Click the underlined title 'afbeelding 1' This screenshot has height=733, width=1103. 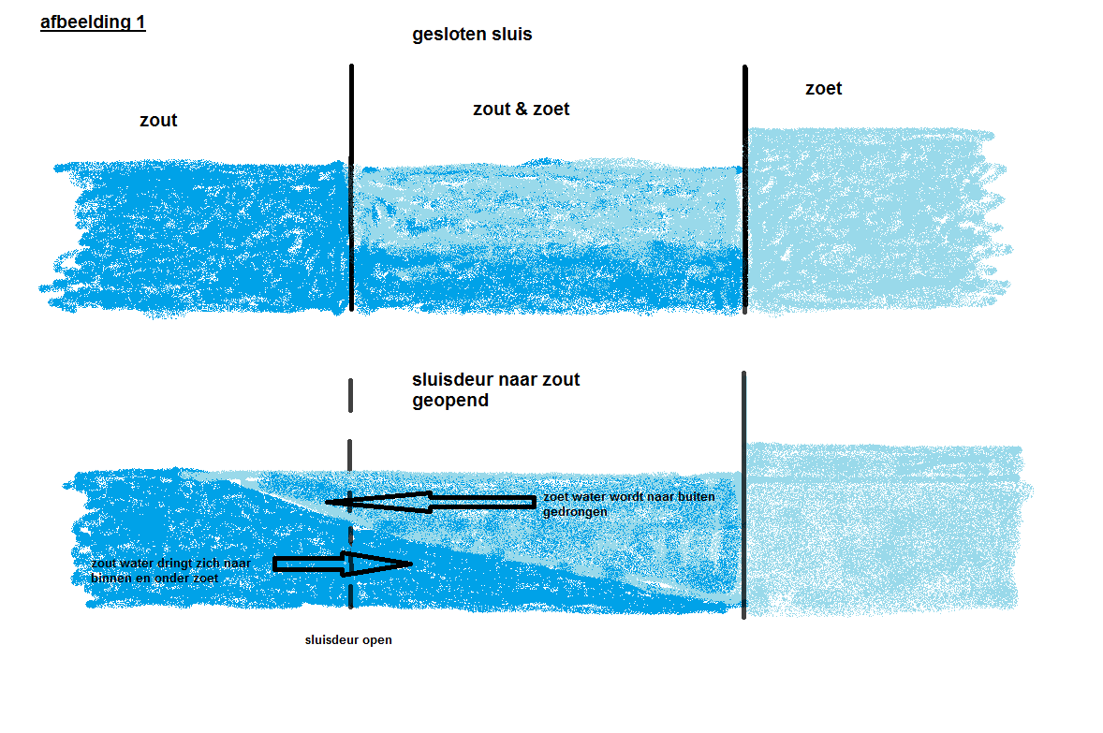coord(93,22)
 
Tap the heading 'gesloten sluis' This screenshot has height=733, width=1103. coord(472,35)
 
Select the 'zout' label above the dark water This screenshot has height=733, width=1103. coord(158,120)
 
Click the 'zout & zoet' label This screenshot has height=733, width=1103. coord(522,109)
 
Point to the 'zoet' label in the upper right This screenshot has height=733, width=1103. coord(824,89)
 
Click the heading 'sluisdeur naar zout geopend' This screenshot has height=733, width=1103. coord(496,389)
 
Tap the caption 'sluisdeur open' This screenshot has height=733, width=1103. coord(348,640)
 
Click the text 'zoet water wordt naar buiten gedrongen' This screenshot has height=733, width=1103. coord(629,504)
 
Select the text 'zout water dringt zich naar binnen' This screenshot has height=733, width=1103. coord(171,570)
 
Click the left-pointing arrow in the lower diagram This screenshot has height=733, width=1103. coord(431,503)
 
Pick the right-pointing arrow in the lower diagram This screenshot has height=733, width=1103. coord(342,564)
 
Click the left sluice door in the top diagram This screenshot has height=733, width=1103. coord(352,188)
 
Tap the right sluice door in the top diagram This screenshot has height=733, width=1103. coord(745,189)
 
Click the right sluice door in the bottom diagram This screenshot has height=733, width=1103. coord(743,495)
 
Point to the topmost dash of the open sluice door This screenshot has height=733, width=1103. coord(350,395)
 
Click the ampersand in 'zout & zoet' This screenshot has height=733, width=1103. coord(522,109)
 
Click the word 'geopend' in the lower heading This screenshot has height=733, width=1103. coord(450,401)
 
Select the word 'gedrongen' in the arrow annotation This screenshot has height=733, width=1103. coord(575,512)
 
